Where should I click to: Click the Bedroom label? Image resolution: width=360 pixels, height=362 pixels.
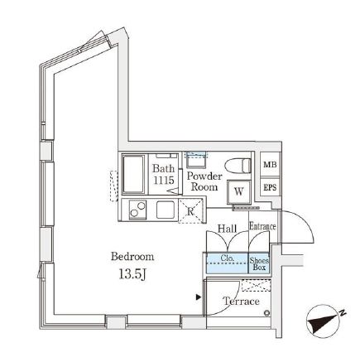pyautogui.click(x=132, y=256)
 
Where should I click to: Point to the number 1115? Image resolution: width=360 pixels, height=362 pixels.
pyautogui.click(x=163, y=181)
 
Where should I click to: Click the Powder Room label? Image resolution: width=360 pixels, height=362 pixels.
pyautogui.click(x=204, y=181)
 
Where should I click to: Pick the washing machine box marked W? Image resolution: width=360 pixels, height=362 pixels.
pyautogui.click(x=239, y=191)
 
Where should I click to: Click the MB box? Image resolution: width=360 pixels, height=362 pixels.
pyautogui.click(x=269, y=166)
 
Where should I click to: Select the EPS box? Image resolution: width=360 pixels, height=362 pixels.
pyautogui.click(x=269, y=188)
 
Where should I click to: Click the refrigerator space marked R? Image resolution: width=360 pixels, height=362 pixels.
pyautogui.click(x=190, y=210)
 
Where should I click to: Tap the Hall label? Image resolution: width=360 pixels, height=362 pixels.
pyautogui.click(x=227, y=229)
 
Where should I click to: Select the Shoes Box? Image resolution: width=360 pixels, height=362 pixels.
pyautogui.click(x=259, y=264)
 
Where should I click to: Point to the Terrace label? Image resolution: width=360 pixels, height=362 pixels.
pyautogui.click(x=241, y=302)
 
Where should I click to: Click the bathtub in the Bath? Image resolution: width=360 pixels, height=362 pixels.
pyautogui.click(x=134, y=175)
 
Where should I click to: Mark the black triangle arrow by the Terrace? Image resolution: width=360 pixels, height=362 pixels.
pyautogui.click(x=198, y=297)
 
